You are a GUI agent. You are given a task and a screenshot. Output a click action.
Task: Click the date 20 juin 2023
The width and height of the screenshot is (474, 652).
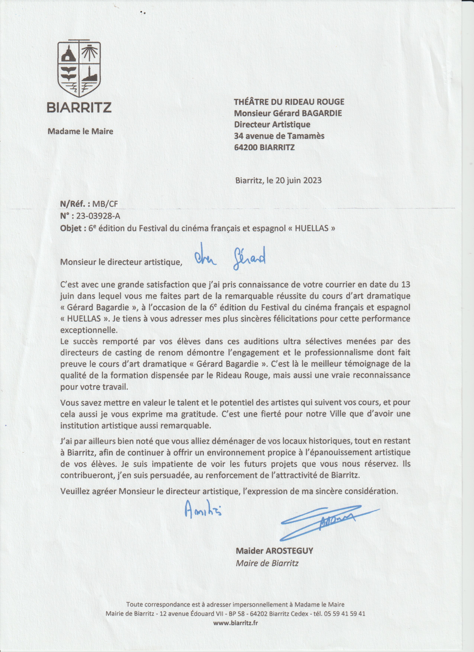tap(299, 181)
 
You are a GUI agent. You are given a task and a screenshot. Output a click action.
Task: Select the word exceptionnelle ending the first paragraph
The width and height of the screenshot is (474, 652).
tap(89, 330)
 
